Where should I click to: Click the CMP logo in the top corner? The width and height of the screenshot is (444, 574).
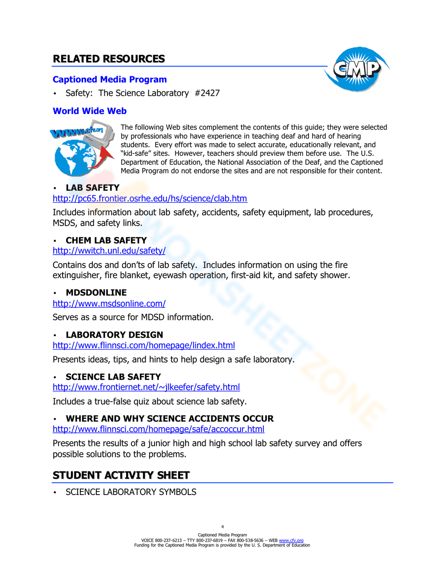click(357, 69)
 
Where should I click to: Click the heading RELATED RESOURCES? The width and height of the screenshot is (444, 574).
click(109, 59)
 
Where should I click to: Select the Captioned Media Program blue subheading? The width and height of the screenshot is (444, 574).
click(110, 79)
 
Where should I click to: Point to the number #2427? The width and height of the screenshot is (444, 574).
click(207, 93)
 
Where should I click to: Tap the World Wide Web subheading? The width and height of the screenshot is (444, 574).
click(90, 111)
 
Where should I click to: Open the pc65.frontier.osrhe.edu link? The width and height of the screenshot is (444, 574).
click(150, 199)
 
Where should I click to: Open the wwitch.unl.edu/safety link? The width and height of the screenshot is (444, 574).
click(109, 251)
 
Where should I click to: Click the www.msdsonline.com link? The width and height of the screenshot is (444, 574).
click(109, 303)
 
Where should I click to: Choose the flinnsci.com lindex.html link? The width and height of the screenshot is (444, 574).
click(143, 345)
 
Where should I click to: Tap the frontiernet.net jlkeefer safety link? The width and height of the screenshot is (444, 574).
click(146, 387)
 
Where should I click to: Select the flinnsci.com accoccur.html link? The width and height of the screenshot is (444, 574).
click(159, 429)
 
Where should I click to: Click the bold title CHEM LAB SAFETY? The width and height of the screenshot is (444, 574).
click(106, 240)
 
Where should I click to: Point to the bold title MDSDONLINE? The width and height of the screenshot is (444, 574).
click(96, 293)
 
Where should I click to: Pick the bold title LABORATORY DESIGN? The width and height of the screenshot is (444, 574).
click(114, 335)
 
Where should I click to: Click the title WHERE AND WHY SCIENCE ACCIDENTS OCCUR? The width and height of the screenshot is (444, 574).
click(170, 419)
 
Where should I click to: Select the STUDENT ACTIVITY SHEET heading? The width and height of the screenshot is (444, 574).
click(121, 476)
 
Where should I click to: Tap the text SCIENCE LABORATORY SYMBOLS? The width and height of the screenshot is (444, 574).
click(131, 492)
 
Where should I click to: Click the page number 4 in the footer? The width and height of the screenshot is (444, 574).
click(222, 527)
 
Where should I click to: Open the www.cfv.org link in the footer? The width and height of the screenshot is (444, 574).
click(291, 540)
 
